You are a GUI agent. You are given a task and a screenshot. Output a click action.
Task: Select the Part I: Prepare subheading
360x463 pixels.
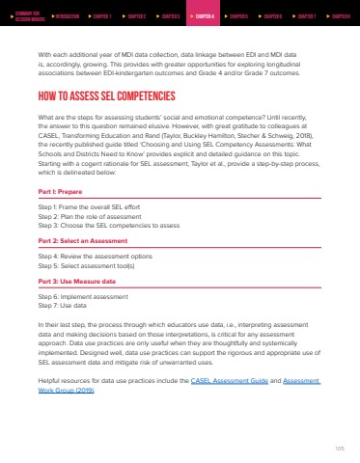click(x=60, y=166)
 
